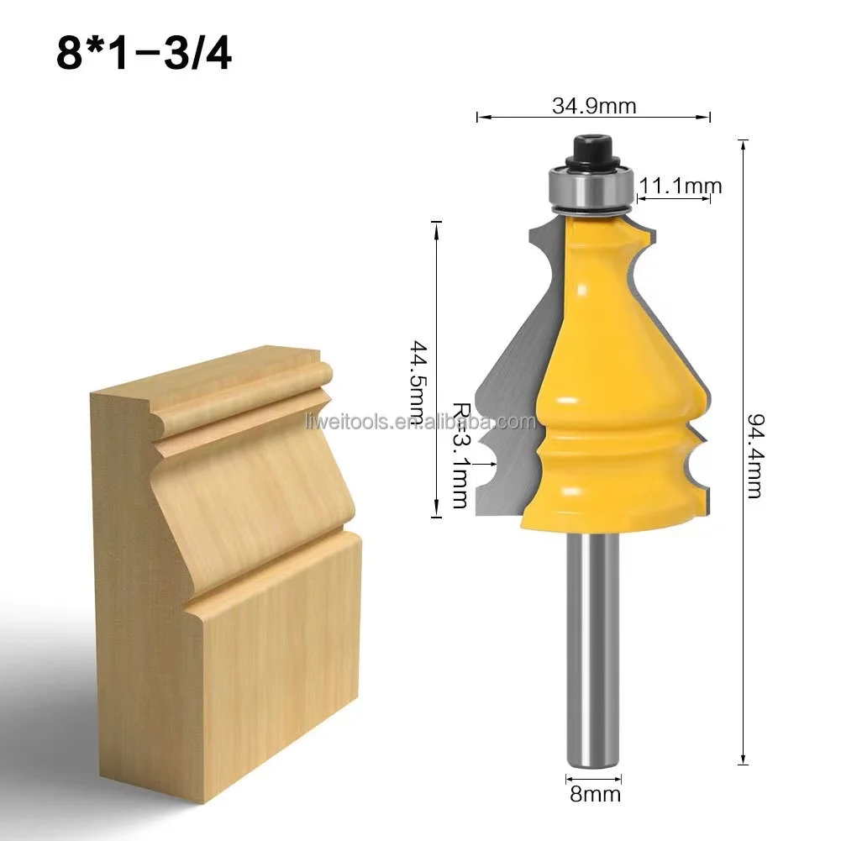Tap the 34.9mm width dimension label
[x=593, y=107]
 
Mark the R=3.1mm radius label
[x=459, y=454]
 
